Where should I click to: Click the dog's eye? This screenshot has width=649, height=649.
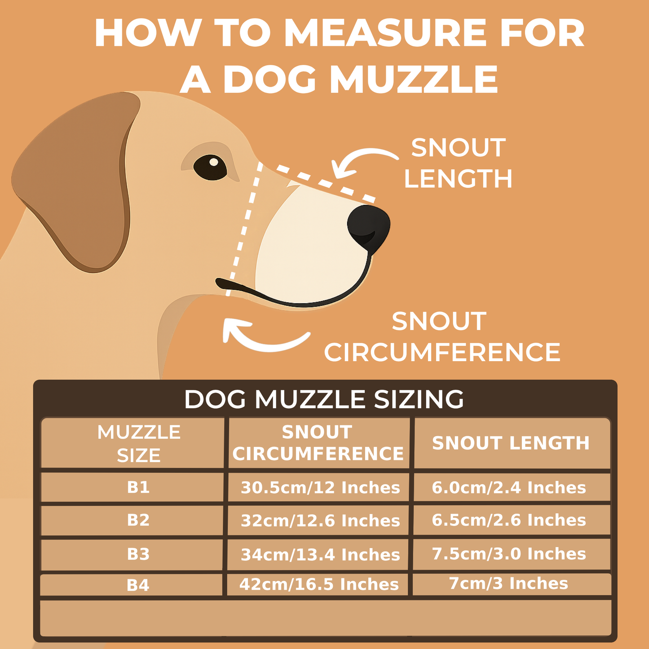(x=210, y=167)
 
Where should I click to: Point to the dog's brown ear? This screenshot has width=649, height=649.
(x=76, y=180)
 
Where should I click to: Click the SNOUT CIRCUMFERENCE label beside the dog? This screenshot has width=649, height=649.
(x=442, y=337)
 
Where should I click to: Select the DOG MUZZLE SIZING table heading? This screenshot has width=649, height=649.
(x=324, y=399)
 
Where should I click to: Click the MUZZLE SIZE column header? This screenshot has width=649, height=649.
(x=139, y=444)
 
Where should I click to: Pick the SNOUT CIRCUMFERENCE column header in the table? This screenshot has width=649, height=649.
(x=318, y=443)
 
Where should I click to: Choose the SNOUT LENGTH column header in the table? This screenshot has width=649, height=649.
(x=511, y=443)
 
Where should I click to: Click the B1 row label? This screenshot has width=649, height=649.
(x=138, y=487)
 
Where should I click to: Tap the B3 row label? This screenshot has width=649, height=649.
(x=138, y=554)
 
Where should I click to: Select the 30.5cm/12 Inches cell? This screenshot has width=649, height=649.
(x=320, y=488)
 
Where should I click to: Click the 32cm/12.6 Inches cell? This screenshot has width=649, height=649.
(x=320, y=521)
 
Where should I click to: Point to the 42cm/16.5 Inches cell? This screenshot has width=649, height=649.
(x=319, y=584)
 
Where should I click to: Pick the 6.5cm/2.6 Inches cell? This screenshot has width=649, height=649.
(x=509, y=520)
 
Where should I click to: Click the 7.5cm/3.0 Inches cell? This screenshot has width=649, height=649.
(x=509, y=554)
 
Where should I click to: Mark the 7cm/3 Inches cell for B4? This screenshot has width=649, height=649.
(x=508, y=583)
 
